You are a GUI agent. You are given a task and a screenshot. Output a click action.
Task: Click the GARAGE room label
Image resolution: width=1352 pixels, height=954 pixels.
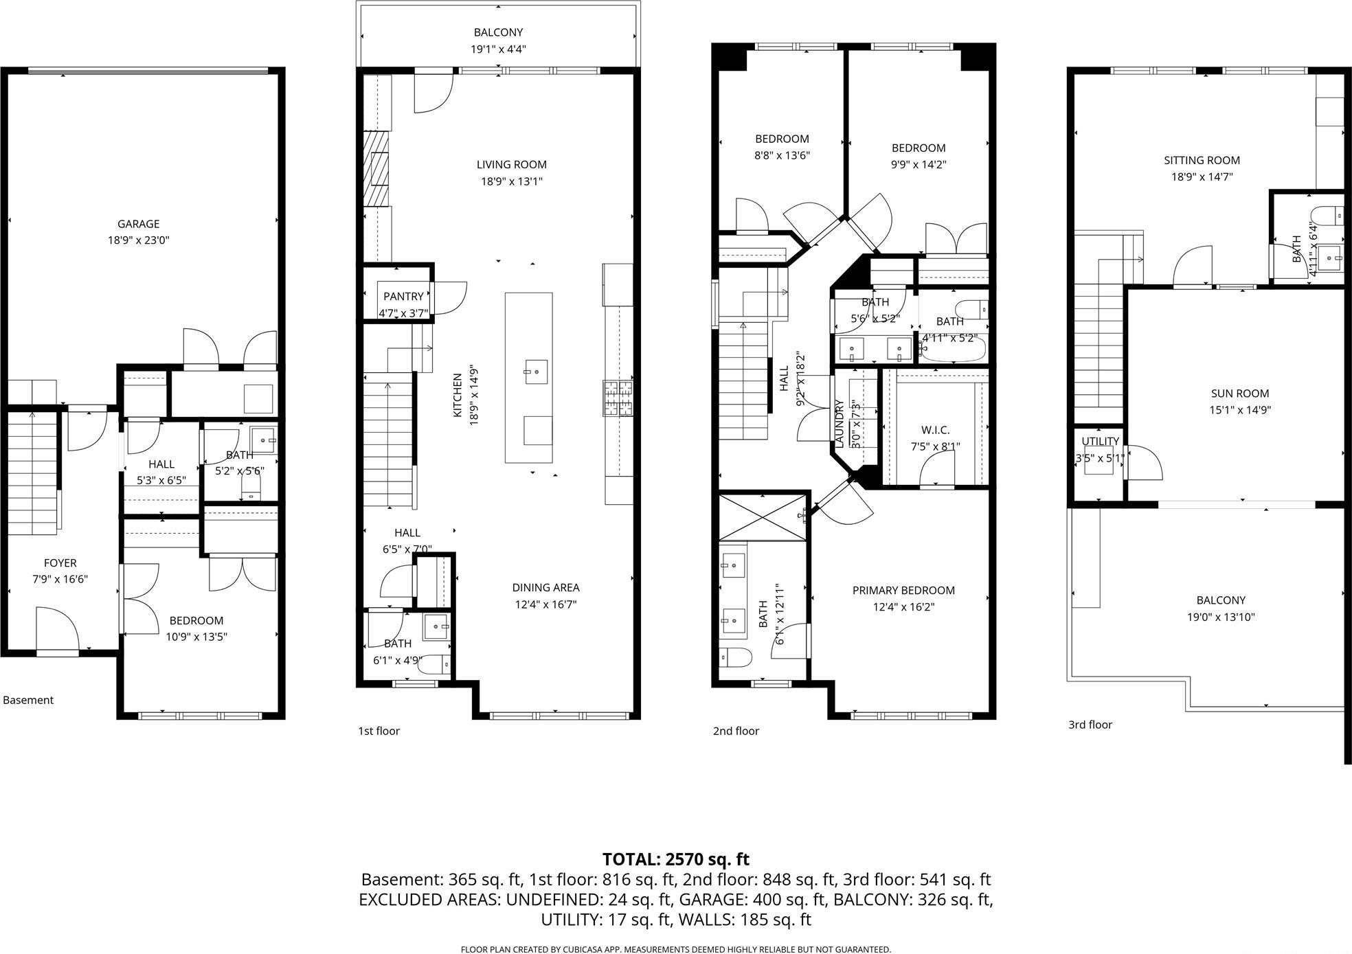pos(138,224)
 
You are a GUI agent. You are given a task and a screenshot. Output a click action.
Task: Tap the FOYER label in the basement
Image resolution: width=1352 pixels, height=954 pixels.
pos(60,563)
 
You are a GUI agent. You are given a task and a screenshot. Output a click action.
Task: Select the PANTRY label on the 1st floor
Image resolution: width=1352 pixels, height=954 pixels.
pos(403,297)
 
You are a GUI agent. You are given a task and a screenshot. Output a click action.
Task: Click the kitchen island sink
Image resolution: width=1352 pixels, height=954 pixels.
pos(536,372)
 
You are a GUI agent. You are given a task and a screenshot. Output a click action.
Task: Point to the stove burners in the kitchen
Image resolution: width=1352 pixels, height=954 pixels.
pos(618,398)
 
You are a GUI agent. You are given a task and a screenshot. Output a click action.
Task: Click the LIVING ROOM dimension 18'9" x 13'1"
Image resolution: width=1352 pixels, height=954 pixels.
pos(511,182)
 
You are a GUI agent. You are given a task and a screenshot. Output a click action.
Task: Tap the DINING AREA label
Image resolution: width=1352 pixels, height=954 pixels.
pos(545,588)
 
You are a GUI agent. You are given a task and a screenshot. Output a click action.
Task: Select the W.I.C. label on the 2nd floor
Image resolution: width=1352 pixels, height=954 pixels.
pos(935,430)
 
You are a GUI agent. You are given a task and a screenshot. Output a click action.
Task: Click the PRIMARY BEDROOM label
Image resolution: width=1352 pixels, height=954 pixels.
pos(903,591)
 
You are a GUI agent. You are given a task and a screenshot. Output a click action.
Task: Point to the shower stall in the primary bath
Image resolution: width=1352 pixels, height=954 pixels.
pos(762,516)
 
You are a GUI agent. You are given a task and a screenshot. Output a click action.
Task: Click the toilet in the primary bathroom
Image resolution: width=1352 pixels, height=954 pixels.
pos(734,657)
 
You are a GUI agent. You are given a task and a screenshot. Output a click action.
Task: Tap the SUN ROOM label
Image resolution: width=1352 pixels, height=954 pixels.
pos(1239,394)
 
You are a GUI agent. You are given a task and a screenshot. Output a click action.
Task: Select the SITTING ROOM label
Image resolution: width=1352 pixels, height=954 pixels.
pos(1202,161)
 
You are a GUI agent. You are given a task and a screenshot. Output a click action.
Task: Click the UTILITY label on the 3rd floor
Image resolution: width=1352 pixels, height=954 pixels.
pos(1100,442)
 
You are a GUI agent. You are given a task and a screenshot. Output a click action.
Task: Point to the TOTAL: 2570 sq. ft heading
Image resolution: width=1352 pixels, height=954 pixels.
pos(675,859)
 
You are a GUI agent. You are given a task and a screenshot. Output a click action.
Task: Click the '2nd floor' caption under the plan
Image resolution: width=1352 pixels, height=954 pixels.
pos(736,731)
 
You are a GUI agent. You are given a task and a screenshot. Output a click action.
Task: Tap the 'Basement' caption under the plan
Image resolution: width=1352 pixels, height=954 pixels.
pos(28,701)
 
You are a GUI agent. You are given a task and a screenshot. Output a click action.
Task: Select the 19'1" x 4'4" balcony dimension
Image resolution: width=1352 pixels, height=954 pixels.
pos(498,49)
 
